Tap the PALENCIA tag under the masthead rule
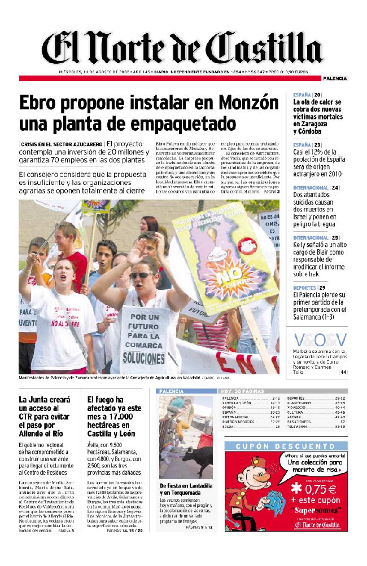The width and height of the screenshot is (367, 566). click(335, 78)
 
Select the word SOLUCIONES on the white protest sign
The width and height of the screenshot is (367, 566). click(143, 357)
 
